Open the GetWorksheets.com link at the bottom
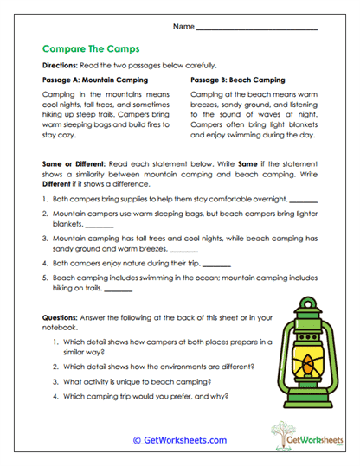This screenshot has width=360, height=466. point(179,440)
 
